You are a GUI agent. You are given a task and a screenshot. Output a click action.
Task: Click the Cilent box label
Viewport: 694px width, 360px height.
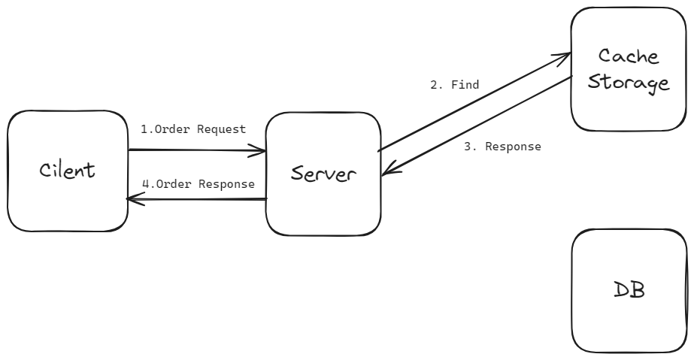(x=68, y=170)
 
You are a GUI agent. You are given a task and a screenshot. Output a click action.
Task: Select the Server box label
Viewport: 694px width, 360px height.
(x=323, y=174)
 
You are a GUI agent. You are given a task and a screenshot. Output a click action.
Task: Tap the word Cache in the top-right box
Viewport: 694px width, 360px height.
(x=628, y=56)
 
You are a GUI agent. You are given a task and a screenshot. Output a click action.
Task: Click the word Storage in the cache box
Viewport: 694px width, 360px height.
(x=628, y=82)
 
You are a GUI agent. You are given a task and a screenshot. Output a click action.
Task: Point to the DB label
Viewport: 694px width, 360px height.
(x=629, y=291)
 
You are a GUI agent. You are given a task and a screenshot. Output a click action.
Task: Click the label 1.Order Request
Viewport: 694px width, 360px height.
(x=193, y=129)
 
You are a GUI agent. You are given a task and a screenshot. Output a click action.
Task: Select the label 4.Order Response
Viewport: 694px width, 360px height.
(x=199, y=183)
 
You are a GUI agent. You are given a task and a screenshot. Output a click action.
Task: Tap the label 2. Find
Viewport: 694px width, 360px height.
(x=454, y=85)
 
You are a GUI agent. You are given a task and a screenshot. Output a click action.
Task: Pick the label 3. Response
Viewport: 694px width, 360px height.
(x=502, y=147)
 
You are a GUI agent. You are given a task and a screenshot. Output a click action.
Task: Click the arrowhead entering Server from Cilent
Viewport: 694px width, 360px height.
(x=263, y=151)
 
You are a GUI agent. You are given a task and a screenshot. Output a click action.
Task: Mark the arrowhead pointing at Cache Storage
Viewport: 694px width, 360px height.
(x=566, y=56)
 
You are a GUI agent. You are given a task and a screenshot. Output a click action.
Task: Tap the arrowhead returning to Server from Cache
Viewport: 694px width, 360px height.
(x=386, y=174)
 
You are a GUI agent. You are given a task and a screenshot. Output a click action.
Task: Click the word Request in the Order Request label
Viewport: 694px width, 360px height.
(x=221, y=129)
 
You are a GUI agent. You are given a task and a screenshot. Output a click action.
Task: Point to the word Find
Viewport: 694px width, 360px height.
(x=465, y=85)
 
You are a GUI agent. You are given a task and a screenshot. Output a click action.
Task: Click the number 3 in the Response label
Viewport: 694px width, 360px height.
(x=467, y=147)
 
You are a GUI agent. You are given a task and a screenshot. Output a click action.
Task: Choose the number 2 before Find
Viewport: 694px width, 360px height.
(x=434, y=85)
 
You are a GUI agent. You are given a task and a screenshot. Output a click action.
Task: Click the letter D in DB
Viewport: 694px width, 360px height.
(x=620, y=291)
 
